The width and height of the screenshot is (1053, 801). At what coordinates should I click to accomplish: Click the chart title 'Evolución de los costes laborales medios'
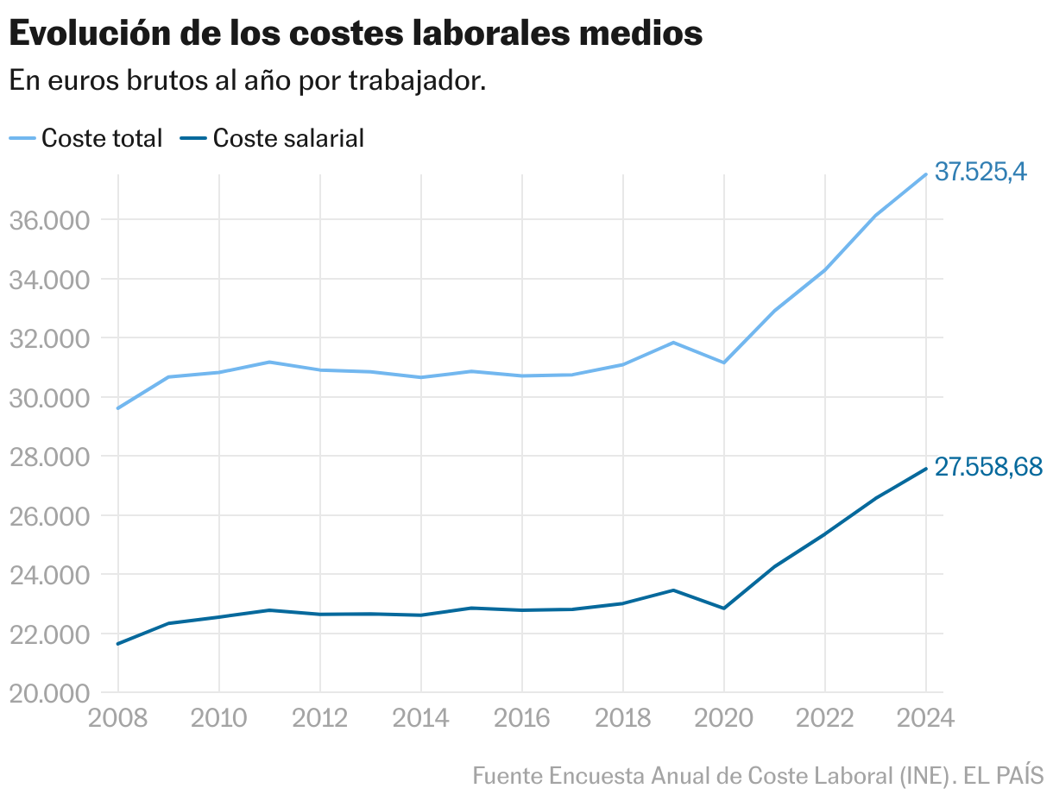tap(355, 35)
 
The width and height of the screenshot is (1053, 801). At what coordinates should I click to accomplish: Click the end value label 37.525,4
tap(980, 173)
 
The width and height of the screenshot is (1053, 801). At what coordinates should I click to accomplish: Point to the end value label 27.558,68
tap(988, 467)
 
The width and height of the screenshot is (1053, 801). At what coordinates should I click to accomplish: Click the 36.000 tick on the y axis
tap(49, 220)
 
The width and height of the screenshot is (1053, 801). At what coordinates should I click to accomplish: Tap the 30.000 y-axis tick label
tap(49, 398)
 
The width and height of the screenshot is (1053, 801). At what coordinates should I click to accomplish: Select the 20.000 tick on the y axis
tap(49, 693)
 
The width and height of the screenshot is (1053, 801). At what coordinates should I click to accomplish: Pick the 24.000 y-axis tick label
tap(49, 575)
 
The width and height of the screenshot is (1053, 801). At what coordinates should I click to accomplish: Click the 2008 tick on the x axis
tap(118, 718)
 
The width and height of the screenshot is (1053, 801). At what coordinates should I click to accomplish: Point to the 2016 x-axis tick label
tap(522, 718)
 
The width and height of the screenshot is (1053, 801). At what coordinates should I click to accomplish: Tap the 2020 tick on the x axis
tap(724, 718)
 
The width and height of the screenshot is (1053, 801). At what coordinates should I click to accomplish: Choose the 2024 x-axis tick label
tap(926, 718)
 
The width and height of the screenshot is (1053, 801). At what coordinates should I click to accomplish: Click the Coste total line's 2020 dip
tap(724, 363)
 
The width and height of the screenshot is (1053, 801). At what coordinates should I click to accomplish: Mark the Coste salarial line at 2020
tap(724, 609)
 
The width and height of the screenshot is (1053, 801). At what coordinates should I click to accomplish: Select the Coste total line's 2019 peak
tap(673, 343)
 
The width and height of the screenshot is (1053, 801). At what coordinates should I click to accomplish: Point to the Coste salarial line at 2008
tap(118, 644)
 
